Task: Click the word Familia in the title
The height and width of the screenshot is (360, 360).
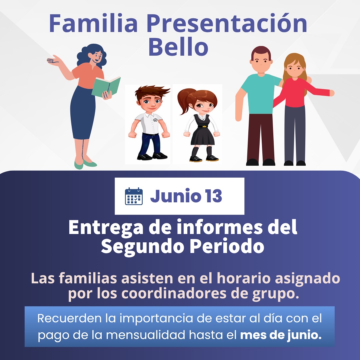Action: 93,23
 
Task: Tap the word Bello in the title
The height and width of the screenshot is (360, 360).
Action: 178,47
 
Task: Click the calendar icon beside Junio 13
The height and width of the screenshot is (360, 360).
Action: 134,196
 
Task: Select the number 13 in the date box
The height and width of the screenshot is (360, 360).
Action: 214,196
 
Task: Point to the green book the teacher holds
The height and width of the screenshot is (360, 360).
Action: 106,87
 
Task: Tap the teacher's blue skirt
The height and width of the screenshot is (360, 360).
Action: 83,113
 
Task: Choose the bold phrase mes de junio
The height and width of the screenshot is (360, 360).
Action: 281,335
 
